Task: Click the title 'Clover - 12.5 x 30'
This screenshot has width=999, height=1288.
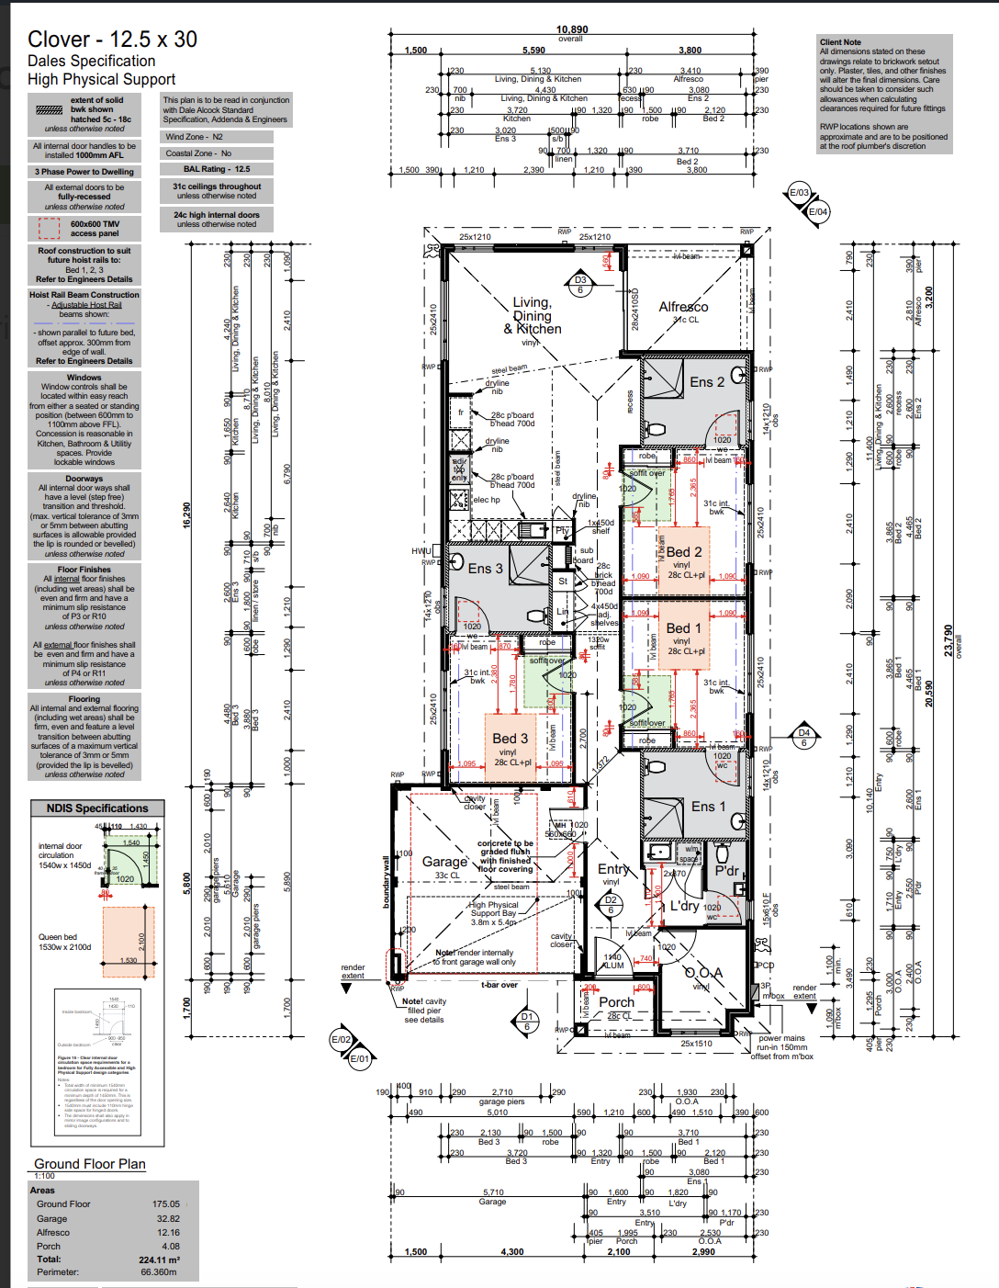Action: point(112,40)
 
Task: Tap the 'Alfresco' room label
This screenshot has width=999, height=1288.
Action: point(683,307)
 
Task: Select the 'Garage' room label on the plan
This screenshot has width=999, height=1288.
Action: point(444,862)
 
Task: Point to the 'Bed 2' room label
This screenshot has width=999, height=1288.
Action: point(683,552)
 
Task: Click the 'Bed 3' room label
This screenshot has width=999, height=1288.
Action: point(510,739)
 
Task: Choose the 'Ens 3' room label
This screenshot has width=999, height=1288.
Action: point(485,569)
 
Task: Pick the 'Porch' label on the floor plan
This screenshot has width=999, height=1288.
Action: point(616,1002)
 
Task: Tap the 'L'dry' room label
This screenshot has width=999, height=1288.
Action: point(684,906)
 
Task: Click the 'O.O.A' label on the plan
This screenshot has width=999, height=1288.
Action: point(703,973)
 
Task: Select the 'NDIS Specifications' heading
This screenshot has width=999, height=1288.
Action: point(97,808)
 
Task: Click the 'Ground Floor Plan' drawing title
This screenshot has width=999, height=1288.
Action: point(90,1164)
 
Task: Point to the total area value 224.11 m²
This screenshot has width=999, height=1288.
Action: point(159,1260)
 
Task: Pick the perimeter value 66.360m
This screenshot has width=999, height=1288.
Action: point(159,1272)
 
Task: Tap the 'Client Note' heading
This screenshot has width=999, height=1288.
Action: point(840,42)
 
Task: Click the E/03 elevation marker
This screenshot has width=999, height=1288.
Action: point(800,193)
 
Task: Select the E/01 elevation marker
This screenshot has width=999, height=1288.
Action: point(359,1058)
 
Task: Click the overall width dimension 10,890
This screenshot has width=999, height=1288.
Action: point(572,29)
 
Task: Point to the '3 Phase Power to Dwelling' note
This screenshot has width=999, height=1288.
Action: point(84,172)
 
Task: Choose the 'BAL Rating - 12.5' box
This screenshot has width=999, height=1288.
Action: point(217,169)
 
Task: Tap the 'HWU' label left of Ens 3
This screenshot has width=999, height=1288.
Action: point(421,551)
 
